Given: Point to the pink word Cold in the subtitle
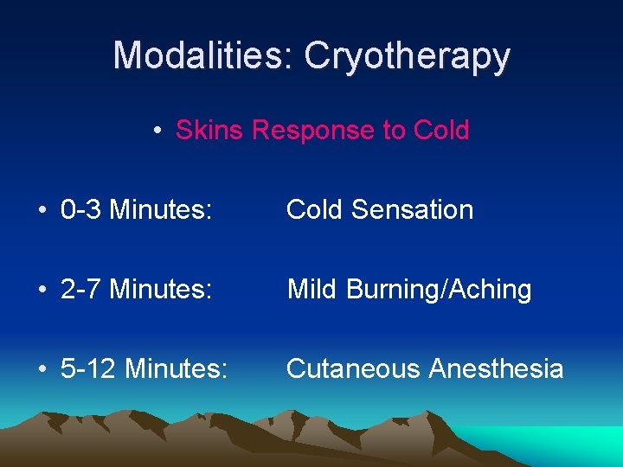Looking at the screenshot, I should click(x=440, y=131).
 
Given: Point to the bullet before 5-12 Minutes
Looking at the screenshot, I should click(x=42, y=370).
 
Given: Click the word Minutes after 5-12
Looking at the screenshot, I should click(x=177, y=369).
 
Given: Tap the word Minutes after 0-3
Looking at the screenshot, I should click(x=162, y=210).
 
